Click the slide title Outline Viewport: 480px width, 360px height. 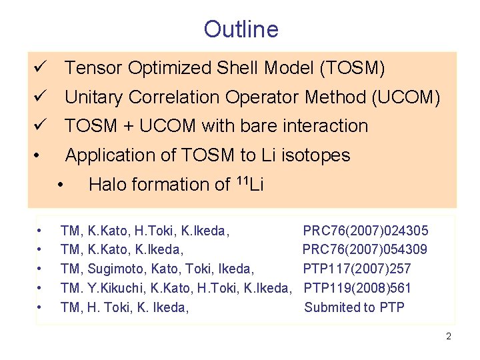241,29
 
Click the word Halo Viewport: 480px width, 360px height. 108,185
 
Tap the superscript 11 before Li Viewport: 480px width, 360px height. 243,181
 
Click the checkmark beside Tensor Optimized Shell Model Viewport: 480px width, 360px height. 39,68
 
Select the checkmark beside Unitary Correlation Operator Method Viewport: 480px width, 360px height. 39,97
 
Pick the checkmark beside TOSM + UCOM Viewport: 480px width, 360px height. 39,126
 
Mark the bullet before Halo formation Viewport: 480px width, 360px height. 61,185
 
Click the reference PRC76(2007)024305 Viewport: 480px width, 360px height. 365,231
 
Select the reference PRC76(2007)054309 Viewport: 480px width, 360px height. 365,250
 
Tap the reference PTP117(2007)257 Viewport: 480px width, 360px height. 357,269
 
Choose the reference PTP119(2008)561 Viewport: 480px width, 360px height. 357,288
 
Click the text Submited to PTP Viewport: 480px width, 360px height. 354,307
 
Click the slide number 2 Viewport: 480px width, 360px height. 449,337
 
